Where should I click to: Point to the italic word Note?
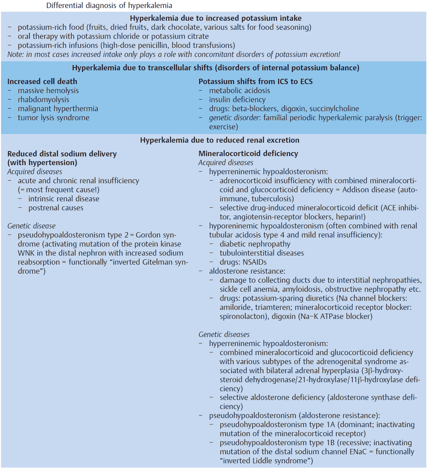15,54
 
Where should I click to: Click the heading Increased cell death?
42,81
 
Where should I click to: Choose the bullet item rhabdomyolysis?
44,99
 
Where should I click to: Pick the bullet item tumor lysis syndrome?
54,118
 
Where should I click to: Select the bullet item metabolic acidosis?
240,90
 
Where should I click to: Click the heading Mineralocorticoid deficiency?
248,153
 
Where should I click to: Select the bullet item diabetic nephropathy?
255,244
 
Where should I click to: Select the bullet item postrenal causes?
56,208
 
